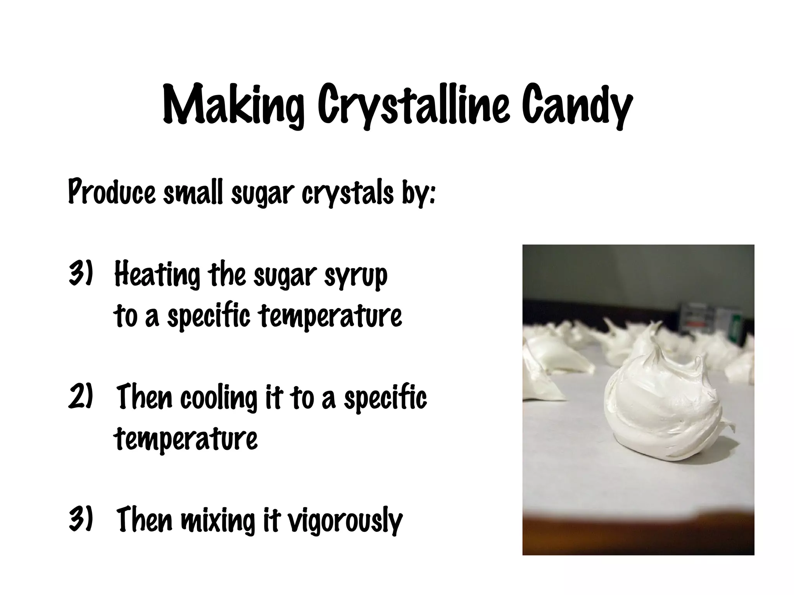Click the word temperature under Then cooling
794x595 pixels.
click(186, 440)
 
